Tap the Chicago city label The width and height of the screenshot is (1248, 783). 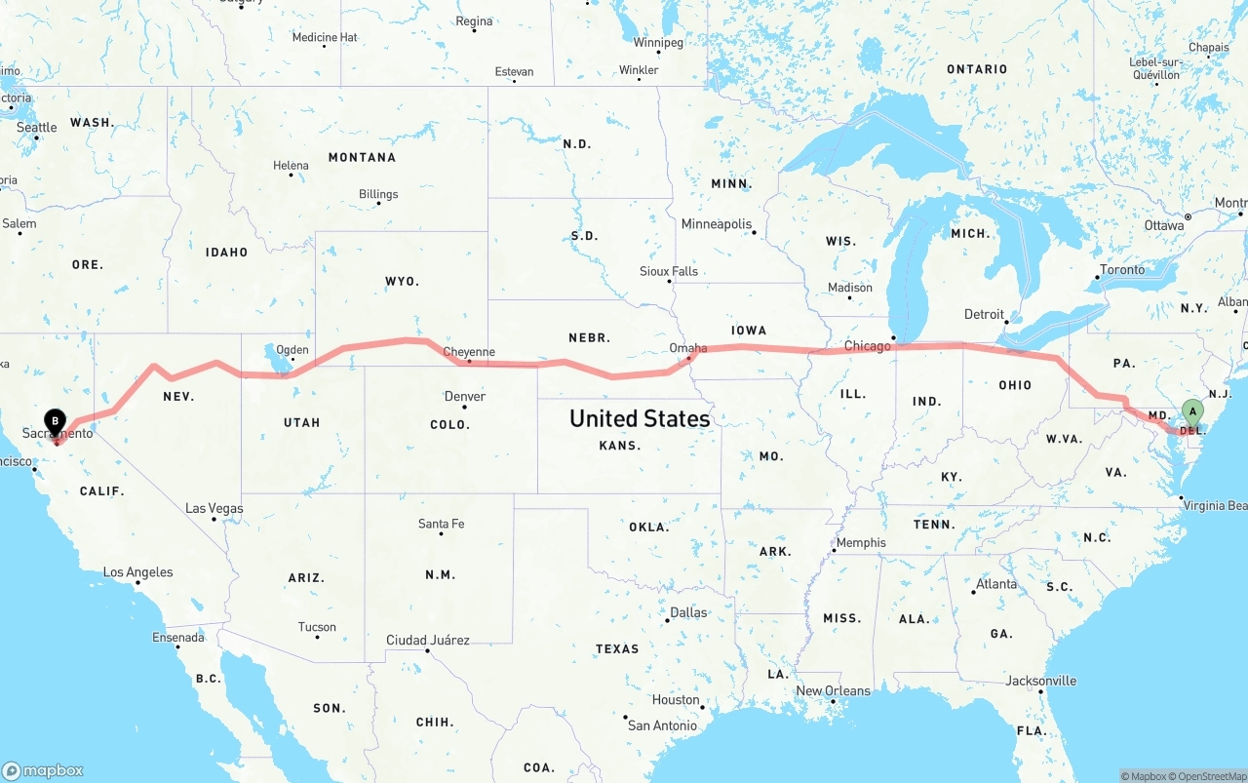867,346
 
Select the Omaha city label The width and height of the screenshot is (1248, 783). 687,348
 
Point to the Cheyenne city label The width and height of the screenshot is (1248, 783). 469,352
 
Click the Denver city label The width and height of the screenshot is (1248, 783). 464,397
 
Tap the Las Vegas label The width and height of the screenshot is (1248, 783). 214,509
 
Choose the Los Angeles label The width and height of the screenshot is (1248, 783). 137,572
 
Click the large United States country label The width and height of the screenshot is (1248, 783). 640,418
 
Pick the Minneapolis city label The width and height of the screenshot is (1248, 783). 717,224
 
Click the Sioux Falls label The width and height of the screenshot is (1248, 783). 669,271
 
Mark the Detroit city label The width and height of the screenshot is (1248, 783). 984,314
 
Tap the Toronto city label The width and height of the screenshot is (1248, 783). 1121,269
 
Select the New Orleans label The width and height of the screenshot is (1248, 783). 833,690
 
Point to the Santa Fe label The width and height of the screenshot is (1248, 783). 441,524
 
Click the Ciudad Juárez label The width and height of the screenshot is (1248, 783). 427,641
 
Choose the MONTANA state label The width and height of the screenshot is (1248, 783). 362,157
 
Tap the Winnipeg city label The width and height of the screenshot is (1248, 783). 658,43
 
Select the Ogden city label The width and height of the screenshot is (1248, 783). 292,350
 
